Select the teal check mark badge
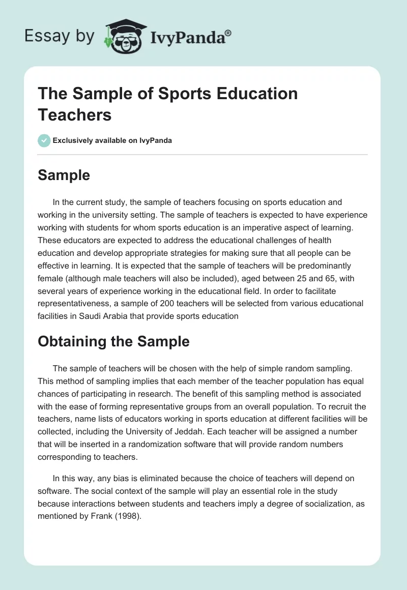click(44, 141)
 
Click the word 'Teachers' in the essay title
click(75, 114)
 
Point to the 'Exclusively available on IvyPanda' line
click(112, 141)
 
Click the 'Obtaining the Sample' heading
click(113, 341)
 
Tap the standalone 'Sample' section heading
click(64, 175)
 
